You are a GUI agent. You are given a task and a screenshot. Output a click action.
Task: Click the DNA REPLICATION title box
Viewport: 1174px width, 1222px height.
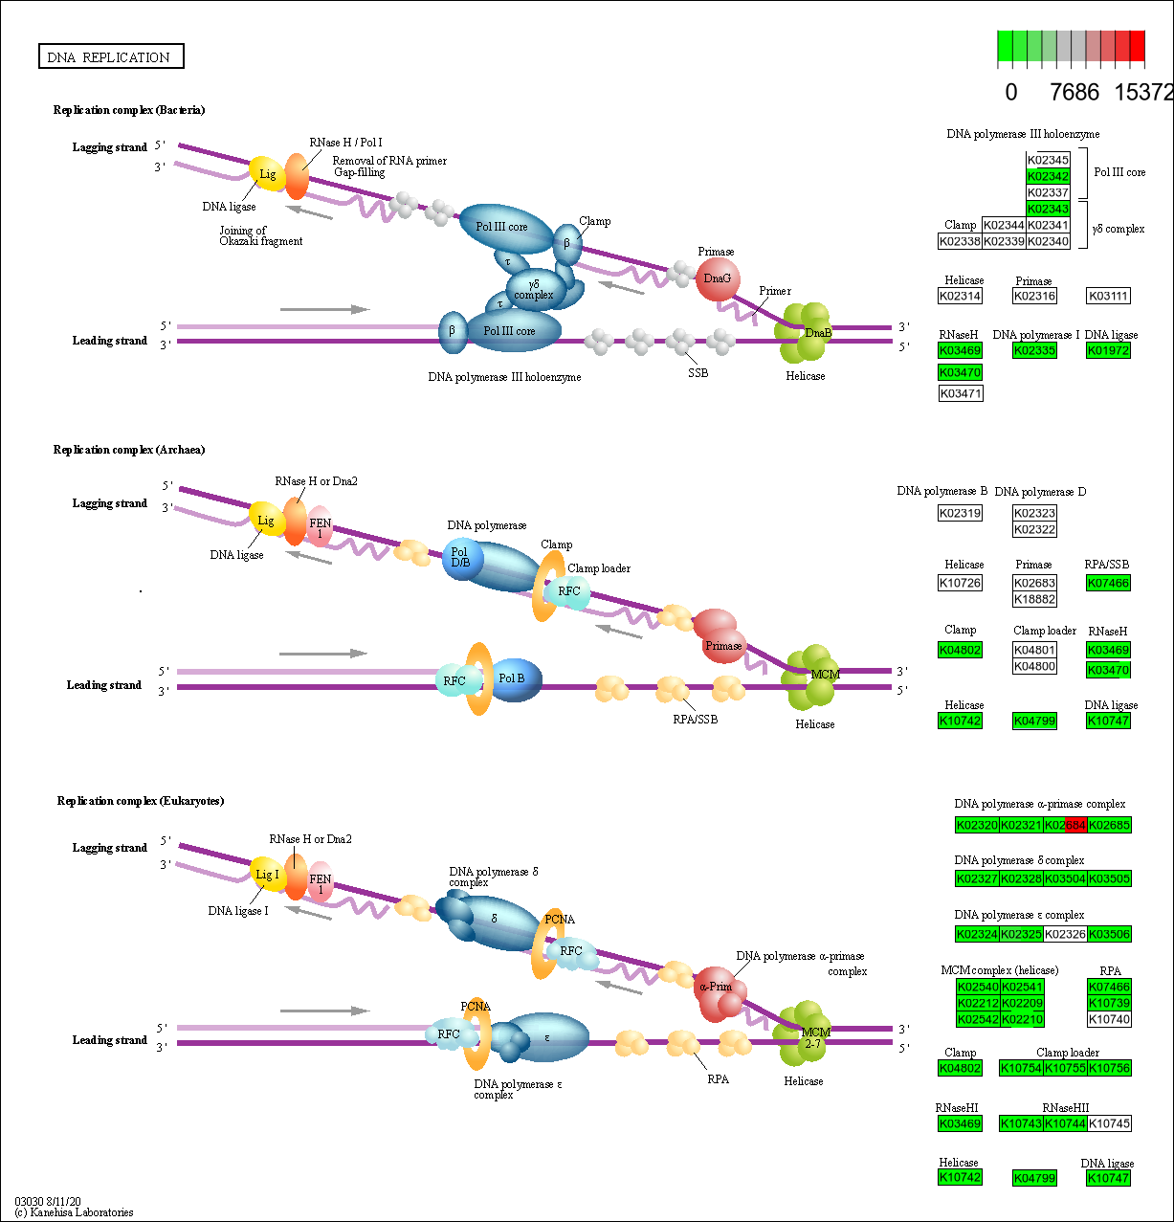[111, 57]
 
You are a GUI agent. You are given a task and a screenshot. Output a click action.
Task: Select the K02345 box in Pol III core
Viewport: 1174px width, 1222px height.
[1048, 160]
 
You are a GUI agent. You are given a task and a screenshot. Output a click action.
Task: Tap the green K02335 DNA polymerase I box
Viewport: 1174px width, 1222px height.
[1034, 350]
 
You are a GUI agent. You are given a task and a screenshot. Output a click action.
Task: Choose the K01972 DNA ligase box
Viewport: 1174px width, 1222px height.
[1108, 350]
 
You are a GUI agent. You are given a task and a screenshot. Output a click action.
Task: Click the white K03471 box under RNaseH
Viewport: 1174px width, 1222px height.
[961, 393]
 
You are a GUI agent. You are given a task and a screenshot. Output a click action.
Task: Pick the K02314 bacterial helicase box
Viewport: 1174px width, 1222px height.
[961, 296]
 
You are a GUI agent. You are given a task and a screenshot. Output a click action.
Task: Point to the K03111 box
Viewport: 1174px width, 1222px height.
[1108, 296]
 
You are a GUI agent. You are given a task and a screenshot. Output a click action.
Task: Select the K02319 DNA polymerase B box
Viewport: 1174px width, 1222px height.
[961, 513]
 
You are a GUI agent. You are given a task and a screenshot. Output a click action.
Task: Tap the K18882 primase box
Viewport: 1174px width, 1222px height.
[1034, 599]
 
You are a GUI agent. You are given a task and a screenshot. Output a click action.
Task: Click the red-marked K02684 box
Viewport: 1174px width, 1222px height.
[1064, 824]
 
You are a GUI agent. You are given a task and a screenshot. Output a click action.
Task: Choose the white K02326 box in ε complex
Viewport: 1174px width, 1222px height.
[1064, 933]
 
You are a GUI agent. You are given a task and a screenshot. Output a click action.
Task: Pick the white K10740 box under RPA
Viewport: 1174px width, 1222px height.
[1109, 1019]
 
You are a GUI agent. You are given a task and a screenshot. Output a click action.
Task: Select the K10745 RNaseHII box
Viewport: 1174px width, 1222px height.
[1109, 1123]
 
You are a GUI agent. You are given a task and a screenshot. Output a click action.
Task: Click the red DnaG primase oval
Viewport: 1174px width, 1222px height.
[717, 278]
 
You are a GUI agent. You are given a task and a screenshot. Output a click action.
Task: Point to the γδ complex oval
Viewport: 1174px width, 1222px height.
[534, 289]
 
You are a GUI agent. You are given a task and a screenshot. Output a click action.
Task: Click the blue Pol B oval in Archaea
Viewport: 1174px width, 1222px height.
[514, 679]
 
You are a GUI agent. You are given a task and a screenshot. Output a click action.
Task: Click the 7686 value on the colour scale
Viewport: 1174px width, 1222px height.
[1074, 92]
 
